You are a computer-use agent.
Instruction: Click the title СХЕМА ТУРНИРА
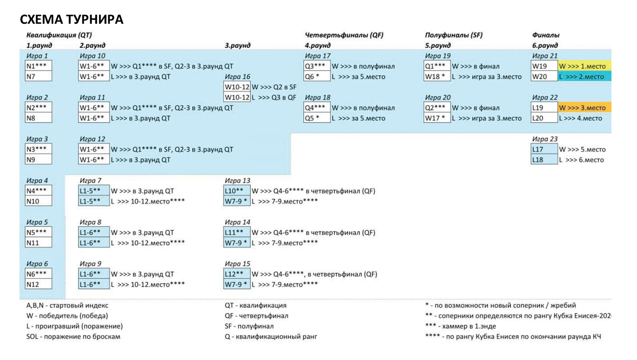pos(72,20)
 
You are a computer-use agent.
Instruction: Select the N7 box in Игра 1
pos(38,77)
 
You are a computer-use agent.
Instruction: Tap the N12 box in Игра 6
pos(38,285)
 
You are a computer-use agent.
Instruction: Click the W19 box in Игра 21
pos(544,66)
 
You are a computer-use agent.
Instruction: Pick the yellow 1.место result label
pos(584,66)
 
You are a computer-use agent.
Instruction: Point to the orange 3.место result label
pos(584,108)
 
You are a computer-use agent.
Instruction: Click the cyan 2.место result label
pos(584,77)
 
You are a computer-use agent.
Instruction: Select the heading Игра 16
pos(237,77)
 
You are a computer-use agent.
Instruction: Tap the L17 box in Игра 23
pos(544,149)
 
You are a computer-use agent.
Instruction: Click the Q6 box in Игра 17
pos(317,77)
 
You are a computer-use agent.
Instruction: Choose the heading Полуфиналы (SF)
pos(453,35)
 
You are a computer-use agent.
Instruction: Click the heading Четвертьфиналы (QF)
pos(344,35)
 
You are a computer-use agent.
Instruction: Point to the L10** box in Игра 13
pos(237,191)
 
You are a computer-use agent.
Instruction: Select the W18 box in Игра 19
pos(436,77)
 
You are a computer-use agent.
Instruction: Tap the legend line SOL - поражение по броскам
pos(73,336)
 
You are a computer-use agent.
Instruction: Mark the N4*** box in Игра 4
pos(38,191)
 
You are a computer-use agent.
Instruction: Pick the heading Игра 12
pos(92,139)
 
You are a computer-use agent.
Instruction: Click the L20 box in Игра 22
pos(544,118)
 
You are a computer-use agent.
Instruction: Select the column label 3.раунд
pos(237,46)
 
